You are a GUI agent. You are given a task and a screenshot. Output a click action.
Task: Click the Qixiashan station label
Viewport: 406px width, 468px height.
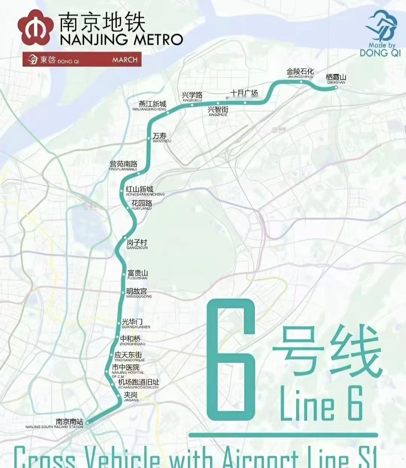click(336, 79)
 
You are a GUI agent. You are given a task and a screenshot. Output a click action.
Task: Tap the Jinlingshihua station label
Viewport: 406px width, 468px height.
click(300, 73)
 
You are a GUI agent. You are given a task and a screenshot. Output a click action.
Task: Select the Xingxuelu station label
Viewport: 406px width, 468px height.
click(192, 97)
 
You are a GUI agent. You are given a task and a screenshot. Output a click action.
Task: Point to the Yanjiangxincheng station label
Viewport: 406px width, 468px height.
click(152, 106)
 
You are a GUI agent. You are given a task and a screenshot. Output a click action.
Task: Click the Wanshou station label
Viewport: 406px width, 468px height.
click(161, 138)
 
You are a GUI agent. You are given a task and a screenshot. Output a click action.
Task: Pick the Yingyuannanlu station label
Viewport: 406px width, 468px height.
click(123, 166)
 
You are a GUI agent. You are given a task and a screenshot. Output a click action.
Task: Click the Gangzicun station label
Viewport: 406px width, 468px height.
click(137, 245)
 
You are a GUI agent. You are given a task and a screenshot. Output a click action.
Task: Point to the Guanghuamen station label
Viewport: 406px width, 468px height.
click(135, 324)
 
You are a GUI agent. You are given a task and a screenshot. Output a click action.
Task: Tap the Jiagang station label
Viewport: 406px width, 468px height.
click(131, 397)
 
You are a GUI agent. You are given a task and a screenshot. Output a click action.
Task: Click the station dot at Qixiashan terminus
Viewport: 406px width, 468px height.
click(336, 87)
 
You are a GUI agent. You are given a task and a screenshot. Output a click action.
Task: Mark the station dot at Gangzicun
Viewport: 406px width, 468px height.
click(126, 237)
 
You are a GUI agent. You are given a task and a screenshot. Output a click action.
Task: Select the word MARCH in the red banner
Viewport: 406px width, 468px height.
click(125, 60)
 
